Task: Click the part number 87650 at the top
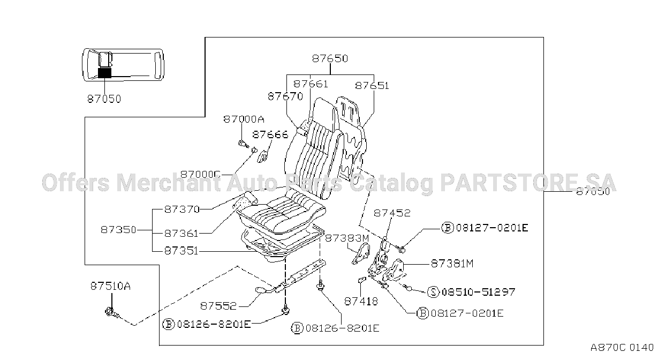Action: (330, 58)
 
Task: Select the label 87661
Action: (311, 84)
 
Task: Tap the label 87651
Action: (372, 86)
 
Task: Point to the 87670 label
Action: (285, 96)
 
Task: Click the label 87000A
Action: (244, 119)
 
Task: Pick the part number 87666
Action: (270, 134)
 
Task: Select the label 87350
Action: (118, 229)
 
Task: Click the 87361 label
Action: (181, 234)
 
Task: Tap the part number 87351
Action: (181, 251)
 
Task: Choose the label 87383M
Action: (347, 238)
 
